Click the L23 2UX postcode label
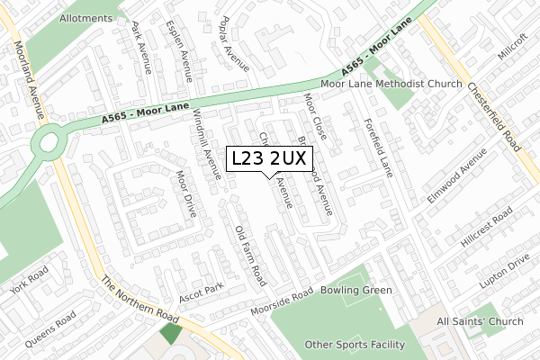point(269,159)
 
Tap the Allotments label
point(85,18)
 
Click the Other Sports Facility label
point(355,345)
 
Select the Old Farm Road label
point(249,251)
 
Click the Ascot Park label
point(200,292)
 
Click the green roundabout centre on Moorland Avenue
point(46,142)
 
